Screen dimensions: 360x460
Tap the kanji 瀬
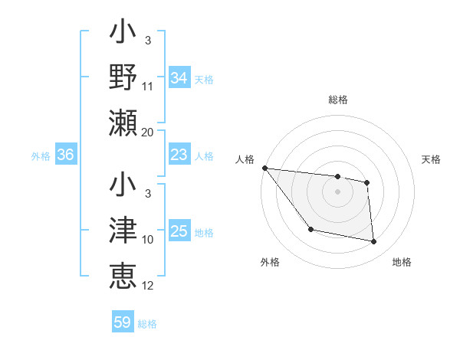click(x=123, y=123)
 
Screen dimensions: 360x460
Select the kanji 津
click(x=123, y=231)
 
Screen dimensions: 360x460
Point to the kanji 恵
click(x=123, y=277)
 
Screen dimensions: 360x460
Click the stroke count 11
click(x=148, y=87)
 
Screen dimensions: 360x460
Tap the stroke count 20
click(x=148, y=132)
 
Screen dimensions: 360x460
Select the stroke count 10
click(x=148, y=240)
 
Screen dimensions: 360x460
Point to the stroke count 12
click(x=148, y=286)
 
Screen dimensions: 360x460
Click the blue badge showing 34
click(x=179, y=78)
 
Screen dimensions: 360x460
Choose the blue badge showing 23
click(x=179, y=155)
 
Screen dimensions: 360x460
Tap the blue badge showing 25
click(x=179, y=231)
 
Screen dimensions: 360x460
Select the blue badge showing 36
click(x=65, y=155)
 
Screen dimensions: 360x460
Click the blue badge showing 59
click(x=123, y=322)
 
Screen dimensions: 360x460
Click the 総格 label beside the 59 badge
click(x=147, y=323)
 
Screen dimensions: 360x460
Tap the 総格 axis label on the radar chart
click(x=337, y=100)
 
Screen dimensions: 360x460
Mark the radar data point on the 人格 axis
click(x=264, y=168)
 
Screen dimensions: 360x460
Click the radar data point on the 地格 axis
click(x=374, y=242)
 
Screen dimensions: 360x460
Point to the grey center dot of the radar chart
click(x=337, y=191)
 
